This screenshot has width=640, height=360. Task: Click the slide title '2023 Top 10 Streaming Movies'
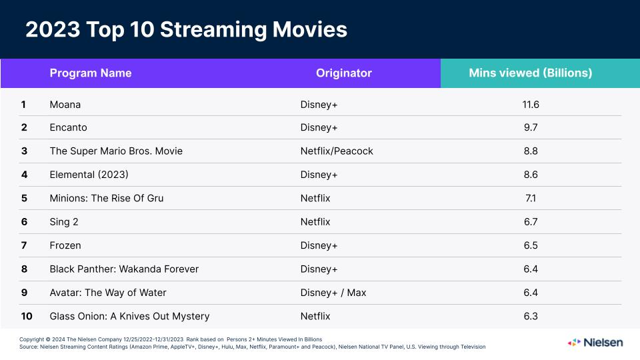tap(186, 30)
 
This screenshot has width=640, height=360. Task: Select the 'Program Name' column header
tap(91, 73)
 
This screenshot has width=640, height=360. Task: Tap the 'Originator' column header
tap(343, 73)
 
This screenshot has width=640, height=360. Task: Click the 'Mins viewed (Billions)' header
tap(530, 73)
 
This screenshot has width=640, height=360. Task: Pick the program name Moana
tap(65, 104)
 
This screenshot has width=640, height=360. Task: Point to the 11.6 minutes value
tap(531, 104)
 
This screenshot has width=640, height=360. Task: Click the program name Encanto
tap(68, 127)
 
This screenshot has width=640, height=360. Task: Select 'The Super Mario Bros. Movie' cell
tap(116, 151)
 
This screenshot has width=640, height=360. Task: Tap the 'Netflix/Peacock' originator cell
tap(337, 151)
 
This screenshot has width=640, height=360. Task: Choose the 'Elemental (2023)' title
tap(89, 175)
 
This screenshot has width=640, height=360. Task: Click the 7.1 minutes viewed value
tap(531, 198)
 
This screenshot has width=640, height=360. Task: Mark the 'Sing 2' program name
tap(64, 221)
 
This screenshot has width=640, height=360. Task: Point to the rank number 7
tap(24, 245)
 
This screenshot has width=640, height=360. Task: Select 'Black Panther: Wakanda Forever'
tap(124, 269)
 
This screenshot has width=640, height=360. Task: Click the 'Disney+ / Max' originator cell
tap(333, 293)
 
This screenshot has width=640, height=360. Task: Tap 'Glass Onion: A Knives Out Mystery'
tap(129, 316)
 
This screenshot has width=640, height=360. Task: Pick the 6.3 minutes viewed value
tap(531, 316)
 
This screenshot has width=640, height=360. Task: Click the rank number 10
tap(27, 316)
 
